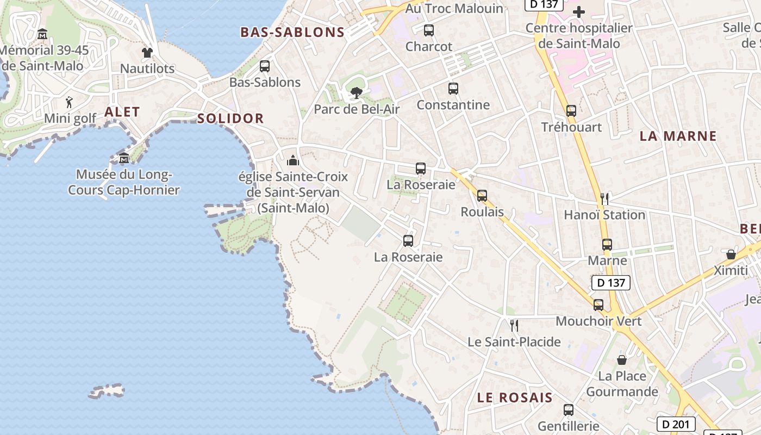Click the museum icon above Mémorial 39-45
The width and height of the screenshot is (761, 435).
click(x=42, y=34)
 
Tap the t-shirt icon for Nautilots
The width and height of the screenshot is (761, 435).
click(x=147, y=53)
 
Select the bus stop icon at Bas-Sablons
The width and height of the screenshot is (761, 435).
click(x=265, y=66)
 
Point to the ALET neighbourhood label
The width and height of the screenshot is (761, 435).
click(x=122, y=112)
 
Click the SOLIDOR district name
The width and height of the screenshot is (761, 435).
click(x=230, y=119)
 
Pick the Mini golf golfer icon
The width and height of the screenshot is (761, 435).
click(x=69, y=102)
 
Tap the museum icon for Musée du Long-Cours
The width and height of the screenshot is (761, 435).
click(x=124, y=158)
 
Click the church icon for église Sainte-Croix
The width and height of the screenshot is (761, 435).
click(x=293, y=160)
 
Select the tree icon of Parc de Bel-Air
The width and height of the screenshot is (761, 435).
click(x=357, y=93)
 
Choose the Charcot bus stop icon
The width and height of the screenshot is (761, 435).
click(x=429, y=30)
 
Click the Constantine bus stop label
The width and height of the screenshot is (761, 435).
click(x=453, y=105)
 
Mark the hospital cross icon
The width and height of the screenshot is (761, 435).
click(x=579, y=12)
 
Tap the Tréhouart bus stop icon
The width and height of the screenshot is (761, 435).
click(x=571, y=111)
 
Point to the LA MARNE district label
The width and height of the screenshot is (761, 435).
click(x=678, y=136)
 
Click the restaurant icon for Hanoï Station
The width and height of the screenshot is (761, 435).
click(x=604, y=198)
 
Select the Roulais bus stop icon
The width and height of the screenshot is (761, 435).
click(x=482, y=196)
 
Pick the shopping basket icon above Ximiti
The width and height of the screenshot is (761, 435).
click(x=731, y=254)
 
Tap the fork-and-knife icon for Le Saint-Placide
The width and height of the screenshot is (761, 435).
click(x=514, y=326)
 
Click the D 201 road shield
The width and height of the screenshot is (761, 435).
click(x=676, y=424)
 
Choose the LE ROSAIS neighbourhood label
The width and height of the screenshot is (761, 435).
click(x=514, y=397)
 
